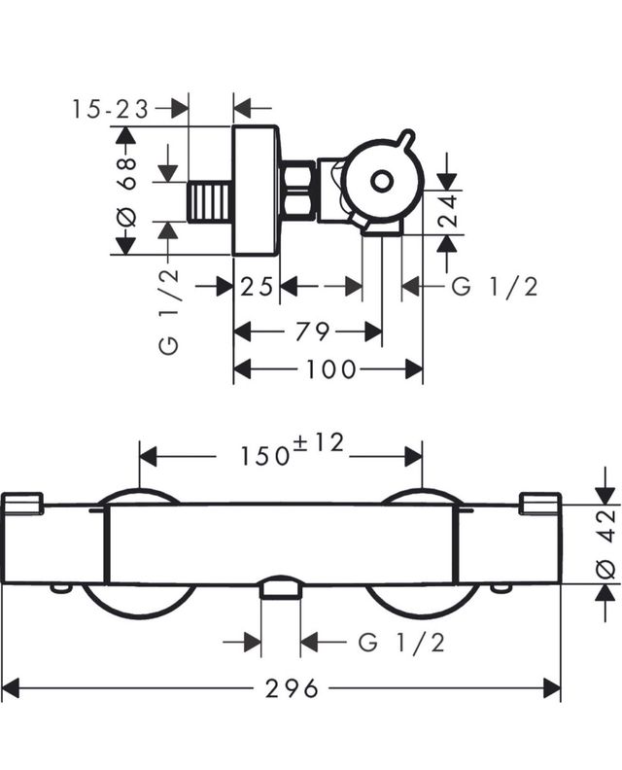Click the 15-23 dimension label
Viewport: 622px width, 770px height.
tap(111, 109)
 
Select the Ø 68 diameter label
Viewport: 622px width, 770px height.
tap(127, 190)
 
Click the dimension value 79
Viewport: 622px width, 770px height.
tap(312, 332)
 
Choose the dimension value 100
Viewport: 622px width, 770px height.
tap(330, 370)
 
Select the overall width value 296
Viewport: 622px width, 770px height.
tap(292, 689)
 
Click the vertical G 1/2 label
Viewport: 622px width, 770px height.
tap(170, 312)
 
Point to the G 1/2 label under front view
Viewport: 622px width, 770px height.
tap(401, 642)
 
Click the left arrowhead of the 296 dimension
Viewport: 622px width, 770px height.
tap(12, 689)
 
